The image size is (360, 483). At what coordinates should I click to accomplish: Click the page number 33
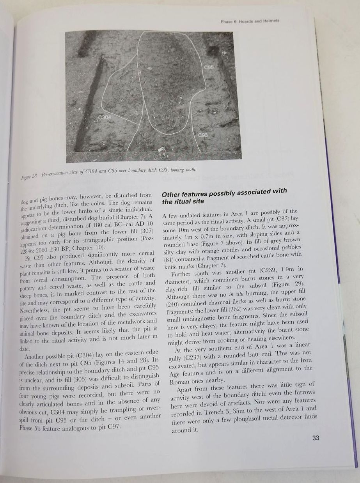pyautogui.click(x=316, y=438)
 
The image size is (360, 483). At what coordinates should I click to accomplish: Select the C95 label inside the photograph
pyautogui.click(x=209, y=67)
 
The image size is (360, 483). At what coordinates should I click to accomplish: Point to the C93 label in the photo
pyautogui.click(x=202, y=135)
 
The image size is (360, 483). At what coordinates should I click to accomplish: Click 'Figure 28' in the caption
pyautogui.click(x=28, y=176)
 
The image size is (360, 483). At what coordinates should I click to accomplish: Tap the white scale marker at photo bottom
pyautogui.click(x=161, y=150)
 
